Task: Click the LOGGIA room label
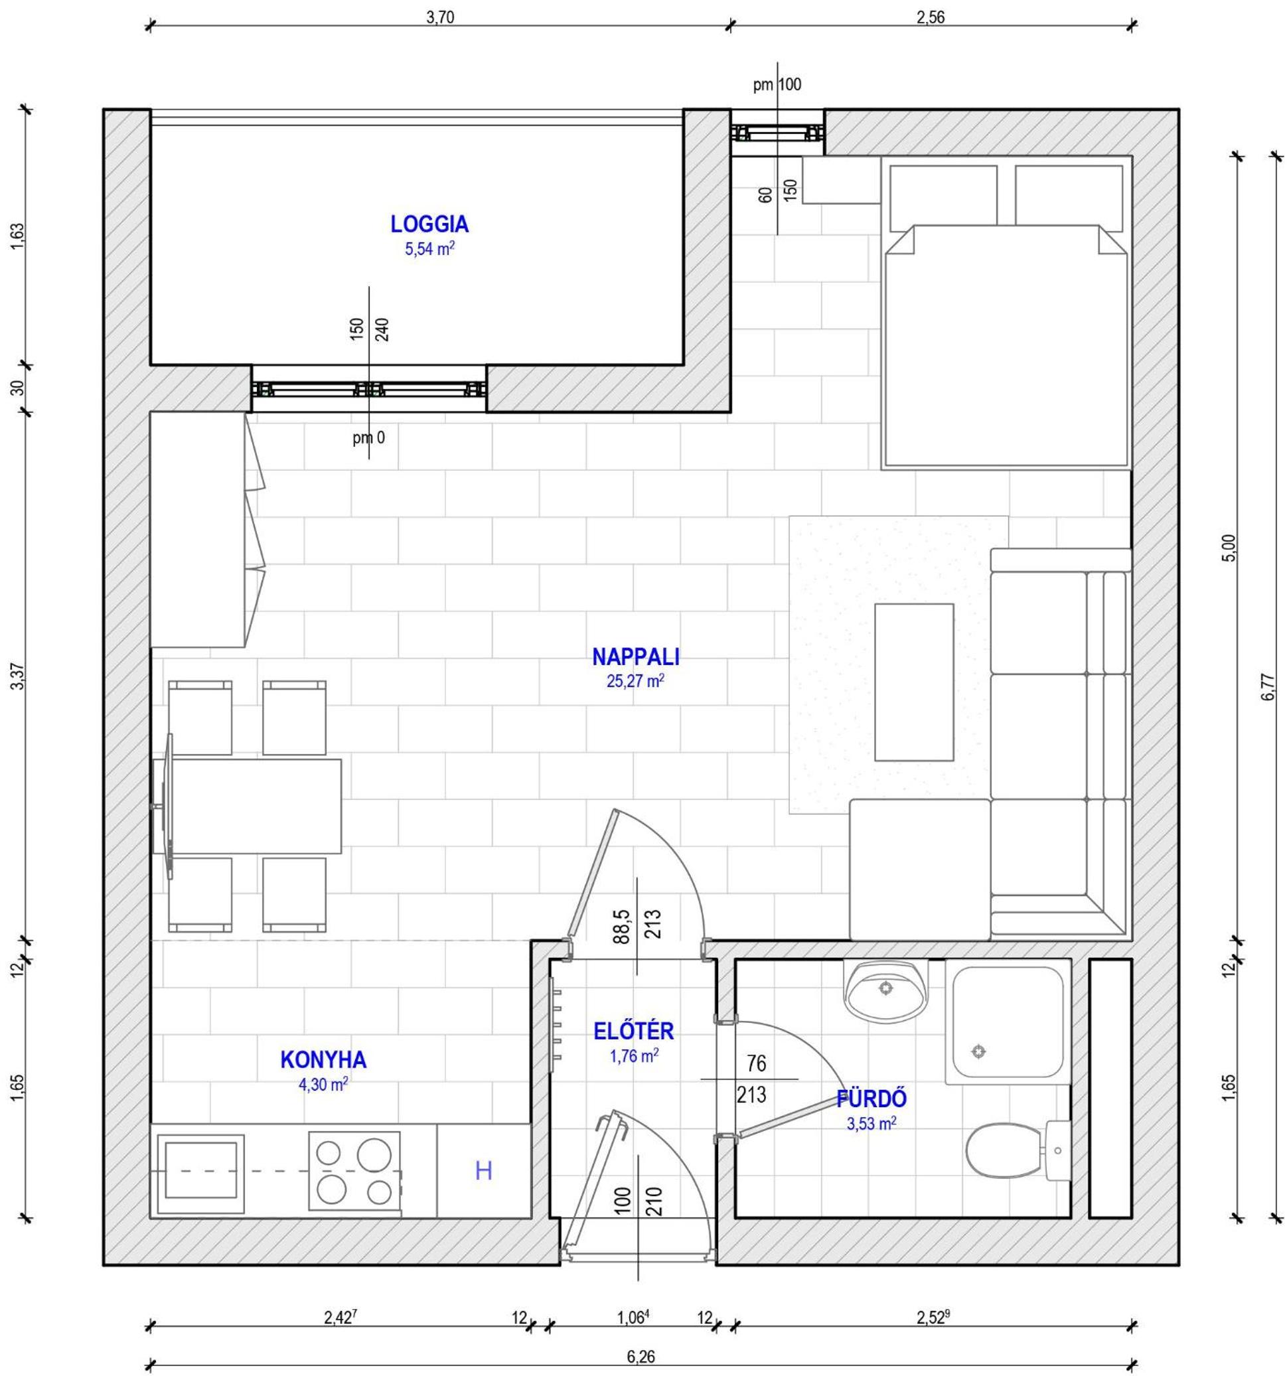[429, 224]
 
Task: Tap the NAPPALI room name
[636, 656]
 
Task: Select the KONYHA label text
[323, 1059]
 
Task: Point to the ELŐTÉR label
[633, 1031]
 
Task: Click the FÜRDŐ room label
[871, 1099]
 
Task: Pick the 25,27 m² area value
[636, 681]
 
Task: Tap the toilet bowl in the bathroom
[1004, 1151]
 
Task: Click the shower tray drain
[978, 1051]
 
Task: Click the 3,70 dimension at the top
[439, 18]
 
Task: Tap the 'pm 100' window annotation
[777, 84]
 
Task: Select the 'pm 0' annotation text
[368, 437]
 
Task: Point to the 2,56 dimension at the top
[931, 18]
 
